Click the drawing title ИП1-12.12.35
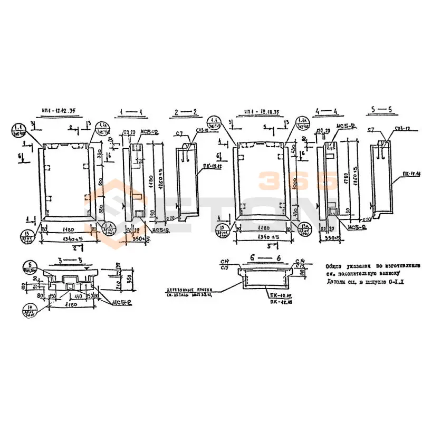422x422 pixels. point(57,112)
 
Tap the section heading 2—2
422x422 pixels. point(187,112)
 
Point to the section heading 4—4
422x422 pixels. point(328,112)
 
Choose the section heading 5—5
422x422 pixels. point(382,110)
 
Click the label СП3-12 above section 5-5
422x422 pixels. point(402,129)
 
